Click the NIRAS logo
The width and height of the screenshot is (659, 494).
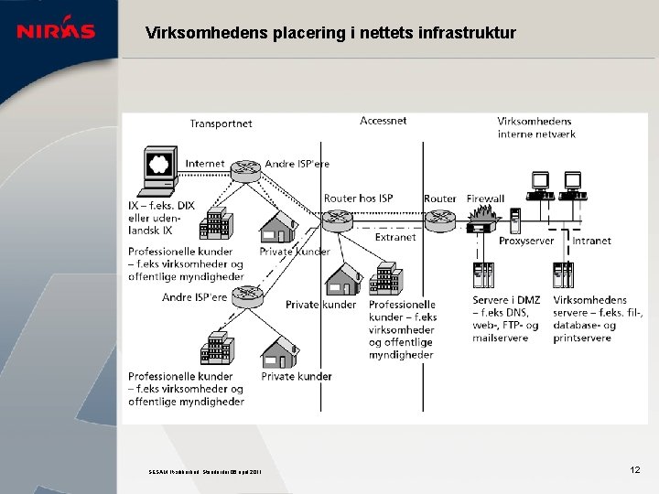click(x=56, y=31)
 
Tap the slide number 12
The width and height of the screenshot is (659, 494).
click(x=635, y=469)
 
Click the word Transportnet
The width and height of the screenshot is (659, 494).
click(x=221, y=123)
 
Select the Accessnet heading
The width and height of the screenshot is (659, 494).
click(x=384, y=121)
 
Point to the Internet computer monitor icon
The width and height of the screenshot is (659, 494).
click(x=160, y=166)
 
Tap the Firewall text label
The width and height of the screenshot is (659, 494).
click(x=485, y=199)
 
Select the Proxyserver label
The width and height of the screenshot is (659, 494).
click(x=526, y=242)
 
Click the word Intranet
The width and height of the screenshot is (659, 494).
click(x=591, y=241)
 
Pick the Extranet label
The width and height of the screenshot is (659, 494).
click(x=395, y=237)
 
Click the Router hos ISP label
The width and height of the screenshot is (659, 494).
click(x=358, y=199)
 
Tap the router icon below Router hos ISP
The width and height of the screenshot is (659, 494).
click(x=338, y=220)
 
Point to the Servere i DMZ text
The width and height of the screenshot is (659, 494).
click(x=506, y=300)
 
